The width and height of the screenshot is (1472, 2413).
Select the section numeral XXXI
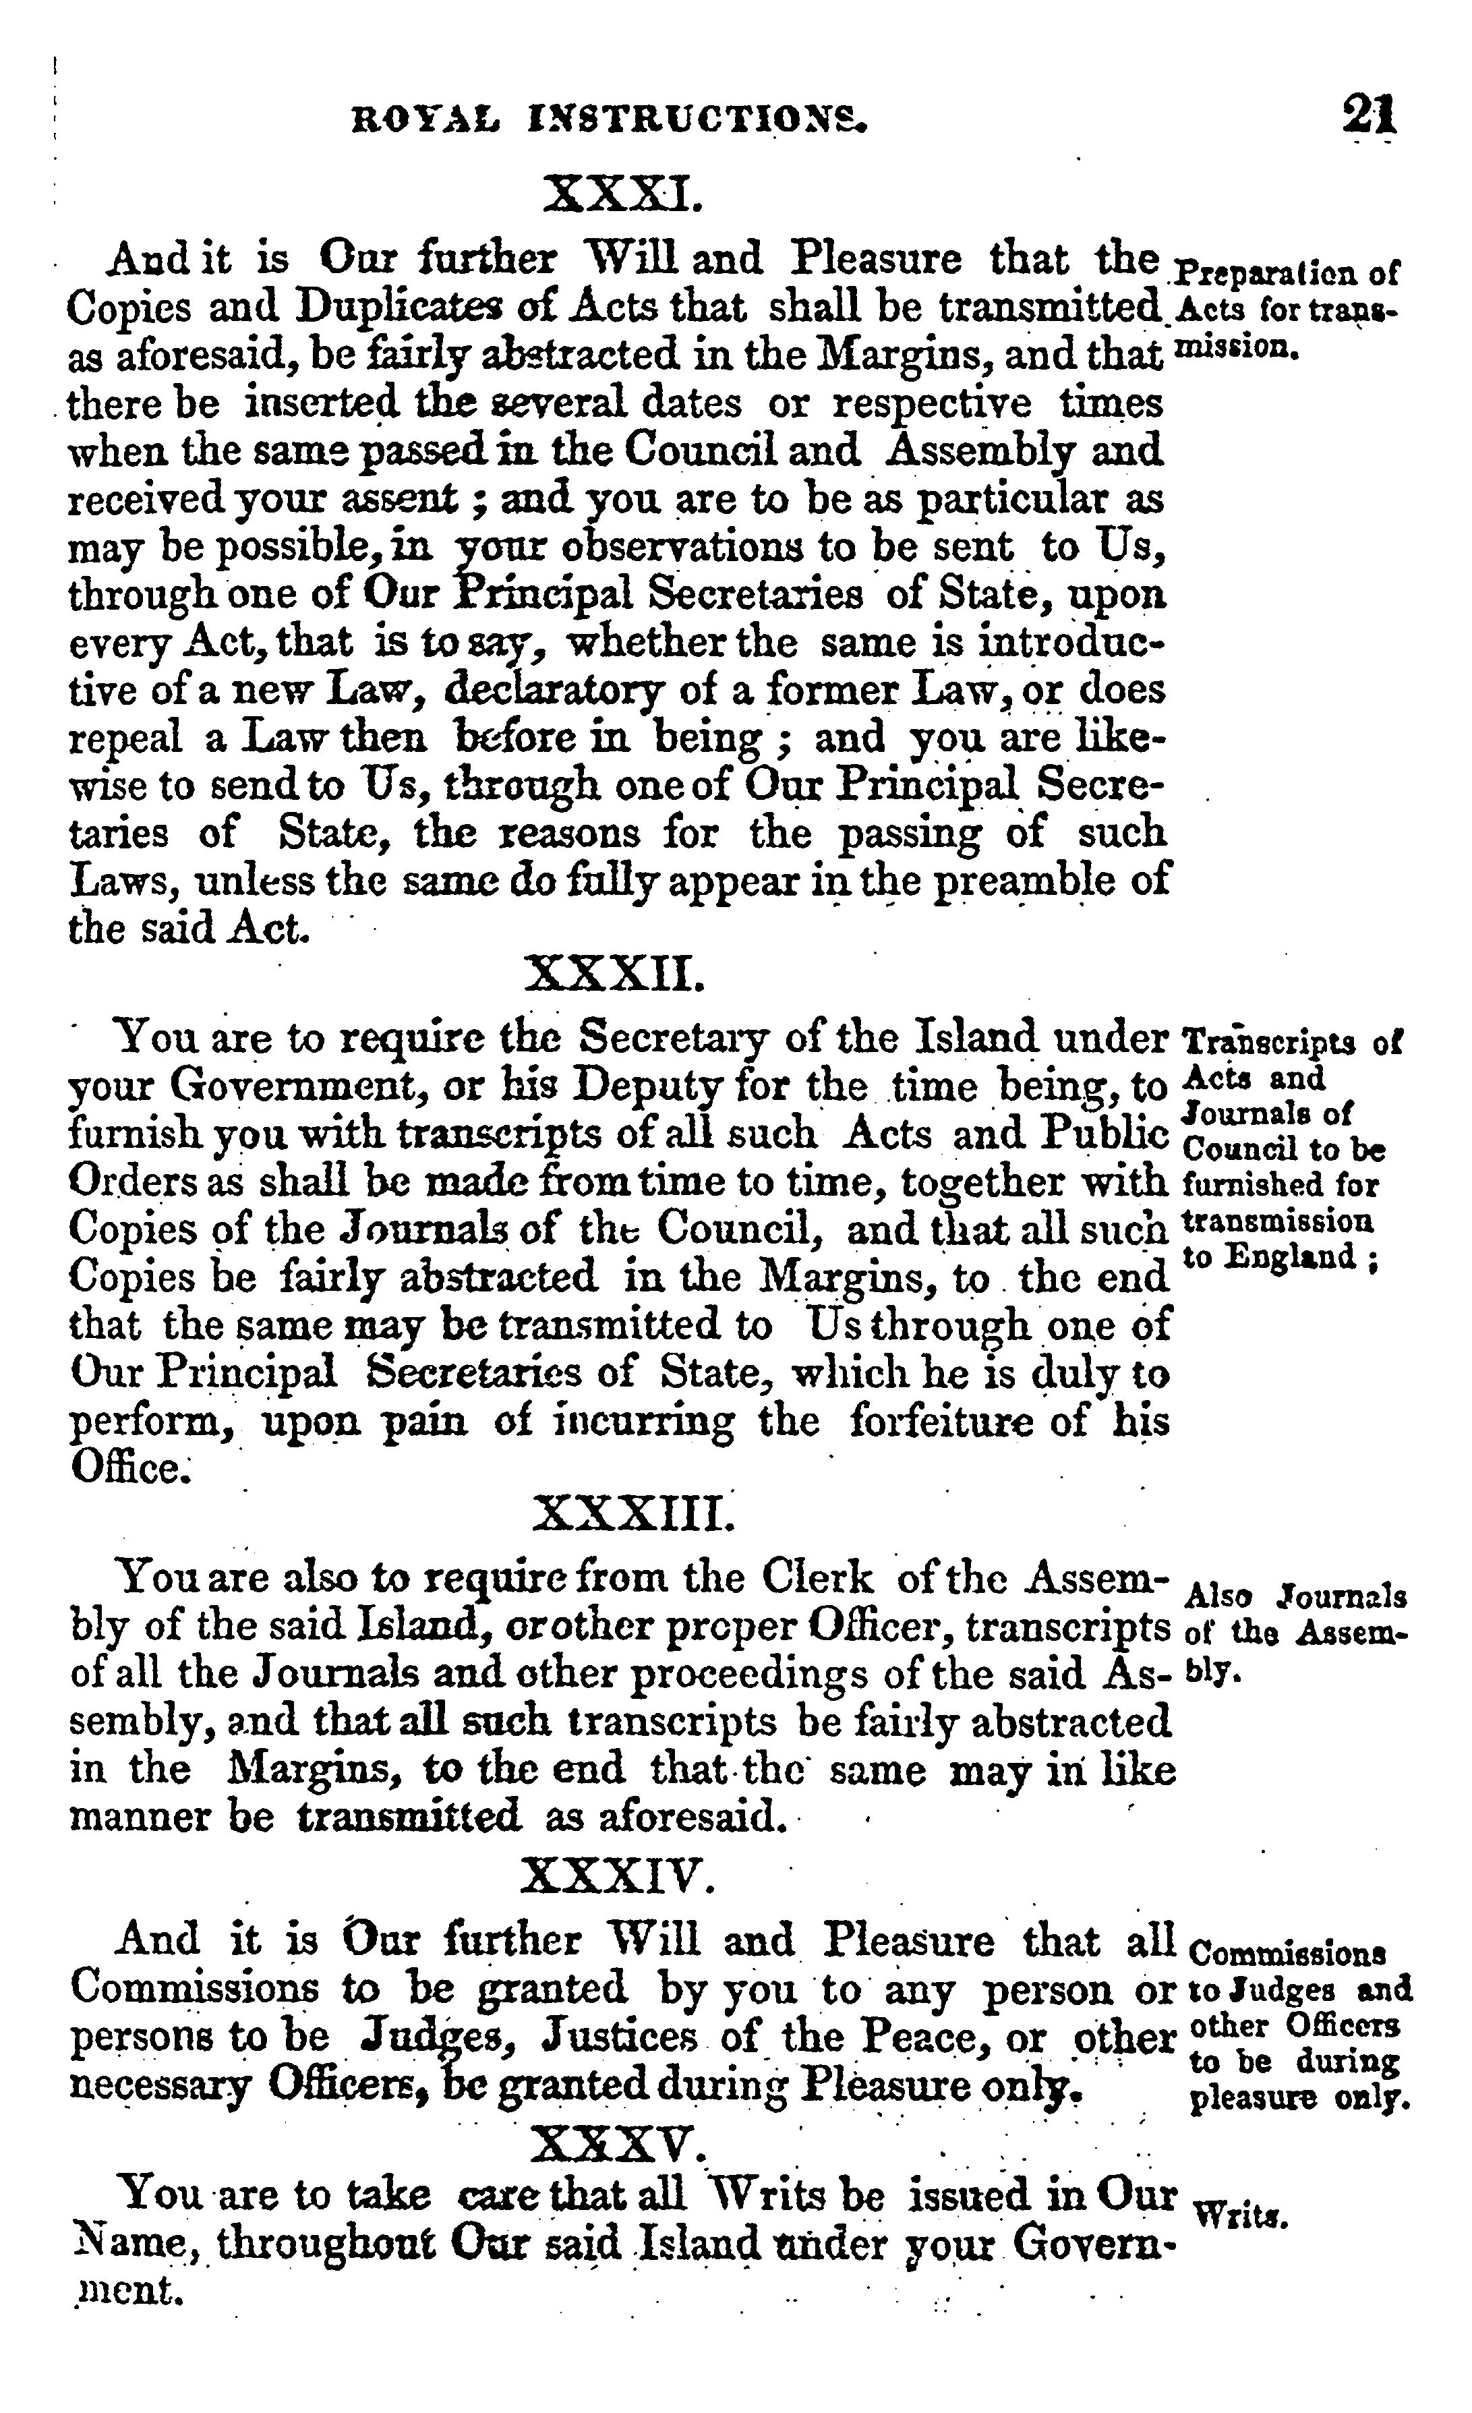pyautogui.click(x=622, y=194)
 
